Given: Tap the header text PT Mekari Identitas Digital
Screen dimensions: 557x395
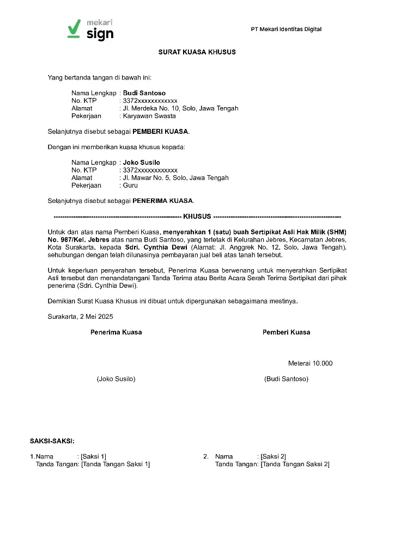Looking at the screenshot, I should point(286,29).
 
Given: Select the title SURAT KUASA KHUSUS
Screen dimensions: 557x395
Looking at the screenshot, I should point(197,52).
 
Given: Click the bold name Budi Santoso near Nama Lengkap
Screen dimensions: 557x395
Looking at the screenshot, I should point(144,93).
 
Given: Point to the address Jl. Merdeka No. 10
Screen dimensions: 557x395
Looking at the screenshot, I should point(152,108).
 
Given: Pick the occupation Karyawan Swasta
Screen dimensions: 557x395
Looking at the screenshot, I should point(149,116).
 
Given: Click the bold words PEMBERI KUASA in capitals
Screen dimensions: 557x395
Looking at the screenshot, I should point(161,132).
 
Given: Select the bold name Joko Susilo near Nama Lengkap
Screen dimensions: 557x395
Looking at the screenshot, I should point(142,163).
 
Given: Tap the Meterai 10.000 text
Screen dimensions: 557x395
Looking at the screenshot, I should point(310,363).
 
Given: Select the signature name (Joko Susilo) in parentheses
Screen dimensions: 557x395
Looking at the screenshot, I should point(116,379).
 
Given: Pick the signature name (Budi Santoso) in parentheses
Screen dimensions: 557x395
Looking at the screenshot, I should point(286,379).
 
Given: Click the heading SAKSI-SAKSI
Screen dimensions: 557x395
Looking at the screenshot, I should point(52,441).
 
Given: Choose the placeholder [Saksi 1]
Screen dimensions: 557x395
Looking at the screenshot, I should point(94,456).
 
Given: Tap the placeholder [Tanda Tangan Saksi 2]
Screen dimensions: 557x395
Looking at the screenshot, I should point(295,464).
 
